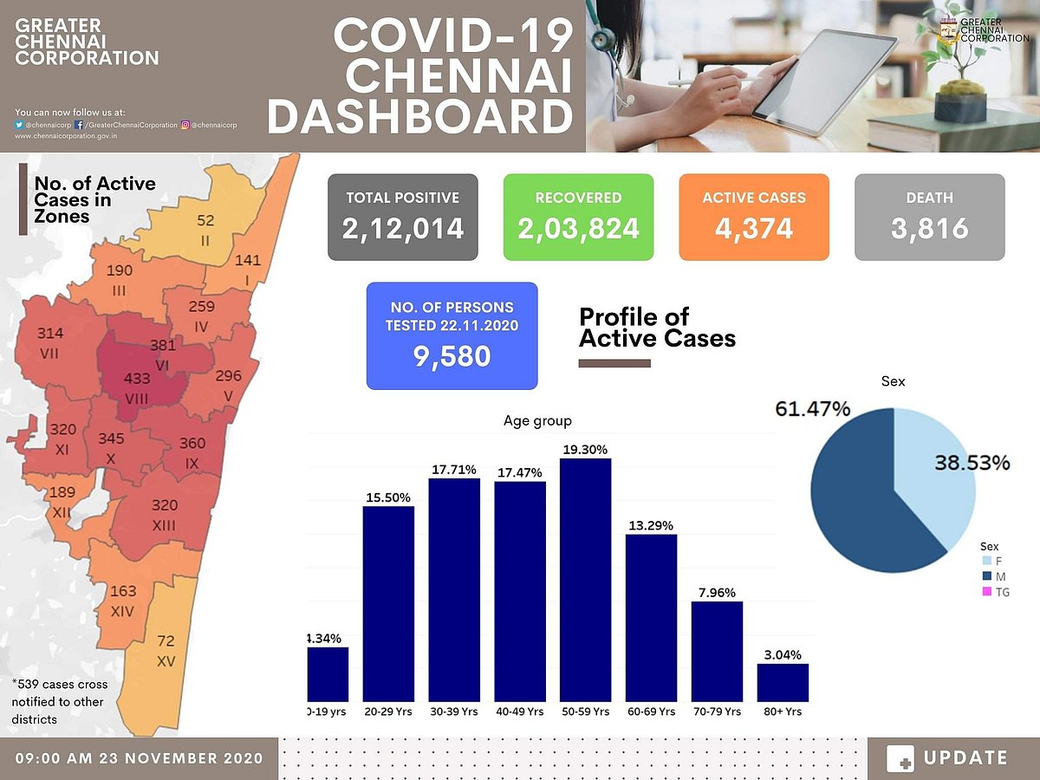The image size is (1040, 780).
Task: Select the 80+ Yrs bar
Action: click(x=783, y=682)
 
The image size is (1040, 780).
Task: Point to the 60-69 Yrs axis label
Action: click(x=651, y=712)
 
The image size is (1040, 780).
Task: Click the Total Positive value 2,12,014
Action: click(x=403, y=229)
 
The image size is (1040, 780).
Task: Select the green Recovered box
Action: click(x=578, y=217)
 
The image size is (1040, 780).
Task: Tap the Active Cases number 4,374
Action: click(x=753, y=229)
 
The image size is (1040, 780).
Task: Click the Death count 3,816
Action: click(x=929, y=229)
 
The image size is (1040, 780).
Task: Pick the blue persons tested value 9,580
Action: click(x=452, y=355)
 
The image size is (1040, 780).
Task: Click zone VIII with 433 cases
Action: click(x=138, y=387)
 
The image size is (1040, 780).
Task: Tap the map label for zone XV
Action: click(x=166, y=651)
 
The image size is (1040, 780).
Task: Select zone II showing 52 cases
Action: click(x=205, y=231)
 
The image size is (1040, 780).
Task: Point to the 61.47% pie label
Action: click(x=812, y=408)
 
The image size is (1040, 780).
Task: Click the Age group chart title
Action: click(x=537, y=421)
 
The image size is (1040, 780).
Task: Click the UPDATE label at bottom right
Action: click(x=965, y=758)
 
